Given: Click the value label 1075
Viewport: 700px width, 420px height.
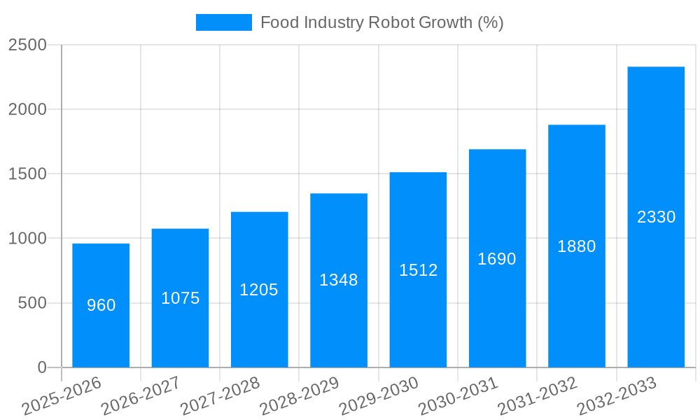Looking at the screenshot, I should click(181, 298).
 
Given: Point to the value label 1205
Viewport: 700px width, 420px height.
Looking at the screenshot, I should click(259, 290).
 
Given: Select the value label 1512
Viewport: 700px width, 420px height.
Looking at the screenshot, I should click(419, 270).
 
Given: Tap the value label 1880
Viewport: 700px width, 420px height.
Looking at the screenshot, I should click(577, 246).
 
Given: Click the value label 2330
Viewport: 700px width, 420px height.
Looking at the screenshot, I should click(656, 217).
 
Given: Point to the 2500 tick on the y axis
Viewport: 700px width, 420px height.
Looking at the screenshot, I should click(28, 45).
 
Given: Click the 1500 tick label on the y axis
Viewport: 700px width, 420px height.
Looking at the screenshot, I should click(28, 174).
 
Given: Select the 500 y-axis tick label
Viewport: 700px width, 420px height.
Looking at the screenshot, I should click(33, 303).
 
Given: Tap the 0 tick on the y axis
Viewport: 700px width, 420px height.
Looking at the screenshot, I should click(42, 367).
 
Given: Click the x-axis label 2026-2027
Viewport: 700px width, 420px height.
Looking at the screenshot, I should click(140, 396).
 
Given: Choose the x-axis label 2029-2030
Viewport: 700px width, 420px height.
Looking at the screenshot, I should click(379, 396).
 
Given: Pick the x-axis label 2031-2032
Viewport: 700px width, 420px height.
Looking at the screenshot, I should click(538, 396).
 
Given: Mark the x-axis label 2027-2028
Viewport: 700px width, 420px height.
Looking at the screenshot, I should click(220, 396).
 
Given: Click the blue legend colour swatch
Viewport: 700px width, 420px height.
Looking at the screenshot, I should click(223, 23).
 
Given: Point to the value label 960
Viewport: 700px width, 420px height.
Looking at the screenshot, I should click(101, 305).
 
